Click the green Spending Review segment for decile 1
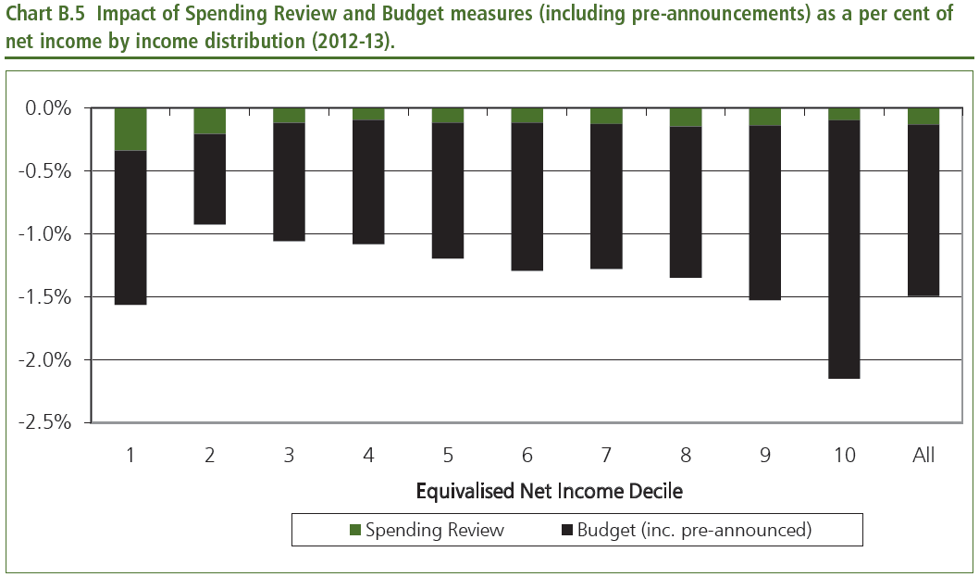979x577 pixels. click(130, 129)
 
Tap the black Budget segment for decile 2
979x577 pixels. click(210, 179)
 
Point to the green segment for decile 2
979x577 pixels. click(210, 120)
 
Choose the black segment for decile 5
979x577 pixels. click(448, 190)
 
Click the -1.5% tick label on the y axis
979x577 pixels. click(45, 296)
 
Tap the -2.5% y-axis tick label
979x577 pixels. click(45, 422)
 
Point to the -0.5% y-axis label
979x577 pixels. click(45, 171)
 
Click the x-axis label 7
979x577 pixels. click(606, 455)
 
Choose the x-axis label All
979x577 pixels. click(923, 455)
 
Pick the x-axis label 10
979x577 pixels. click(844, 455)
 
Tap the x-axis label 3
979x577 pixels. click(290, 455)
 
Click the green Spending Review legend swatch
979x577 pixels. click(355, 531)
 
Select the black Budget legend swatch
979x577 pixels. click(566, 531)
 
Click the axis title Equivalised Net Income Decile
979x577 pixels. click(549, 491)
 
